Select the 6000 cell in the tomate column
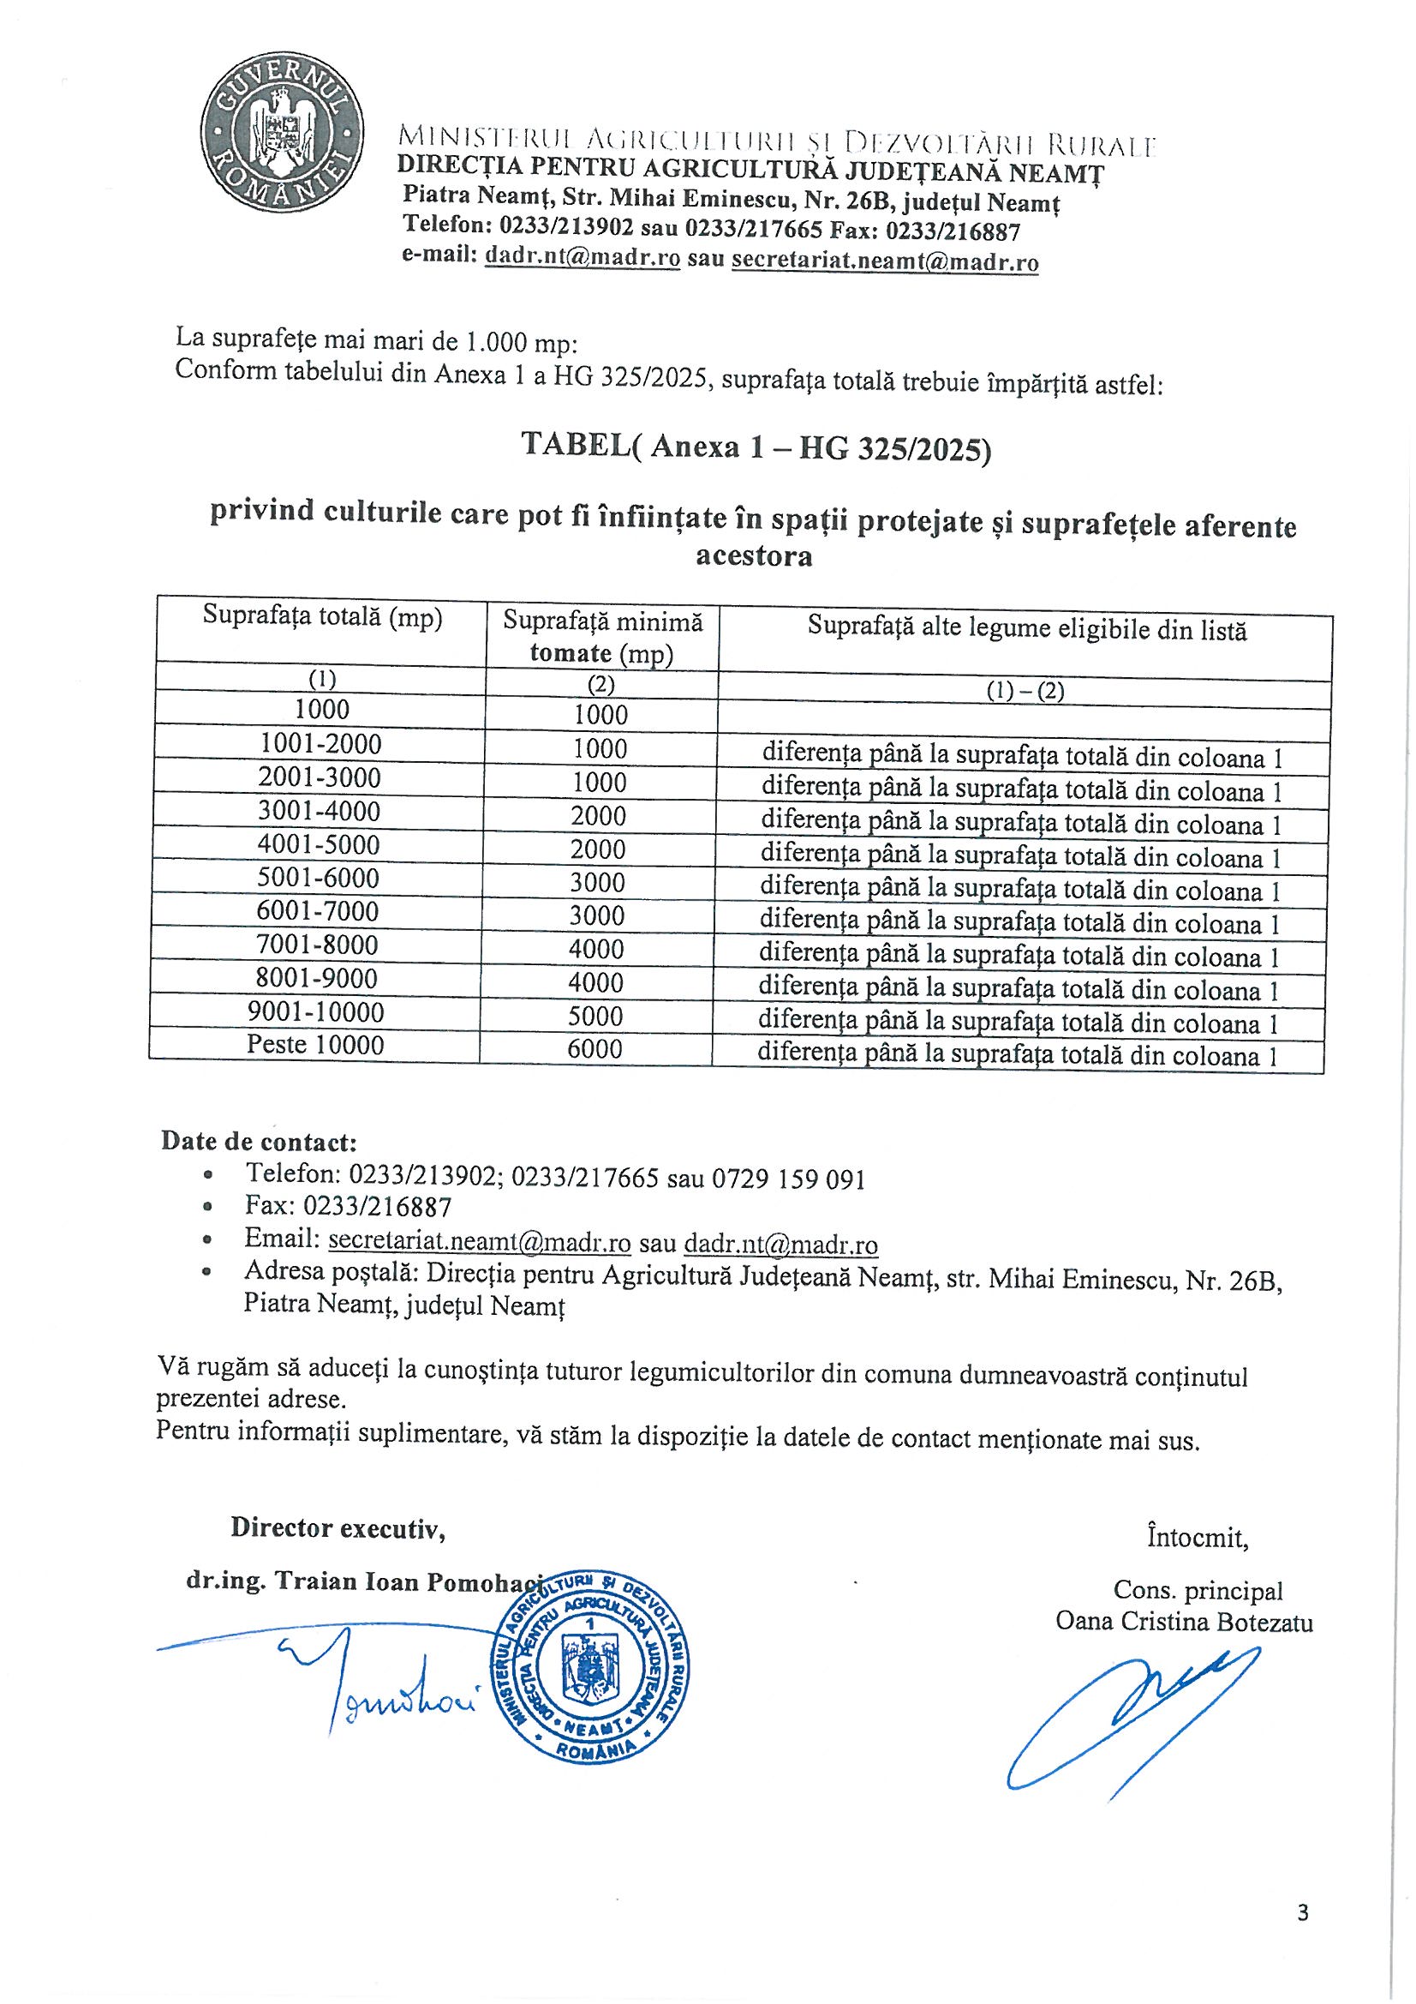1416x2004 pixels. [595, 1048]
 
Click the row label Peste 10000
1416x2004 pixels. [315, 1045]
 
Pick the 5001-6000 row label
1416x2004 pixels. [319, 878]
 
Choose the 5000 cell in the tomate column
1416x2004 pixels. [596, 1016]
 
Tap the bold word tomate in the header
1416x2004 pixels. [571, 653]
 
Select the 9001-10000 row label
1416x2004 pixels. [316, 1011]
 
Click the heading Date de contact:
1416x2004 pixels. [258, 1141]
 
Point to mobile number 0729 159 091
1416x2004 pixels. [789, 1179]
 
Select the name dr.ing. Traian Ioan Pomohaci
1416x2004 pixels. [365, 1581]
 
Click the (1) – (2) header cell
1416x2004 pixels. [1025, 691]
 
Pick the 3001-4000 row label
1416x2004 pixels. [320, 811]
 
